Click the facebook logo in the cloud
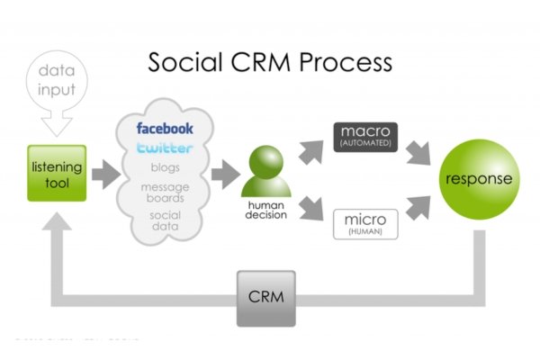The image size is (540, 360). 165,129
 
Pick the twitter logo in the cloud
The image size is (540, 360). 165,148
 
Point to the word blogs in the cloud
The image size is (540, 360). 165,166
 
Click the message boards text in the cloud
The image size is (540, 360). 165,192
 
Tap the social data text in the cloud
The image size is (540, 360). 165,221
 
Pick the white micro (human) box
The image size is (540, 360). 365,221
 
